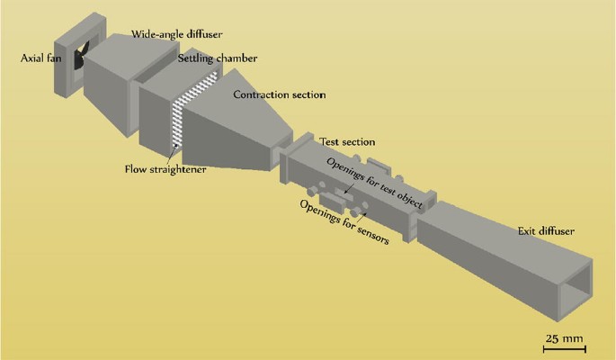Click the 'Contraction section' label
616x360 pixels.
(279, 94)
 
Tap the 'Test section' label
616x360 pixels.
(347, 142)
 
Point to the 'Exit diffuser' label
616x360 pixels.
(546, 231)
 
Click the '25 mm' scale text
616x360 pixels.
(565, 338)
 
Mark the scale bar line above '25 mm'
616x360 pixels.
(565, 347)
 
